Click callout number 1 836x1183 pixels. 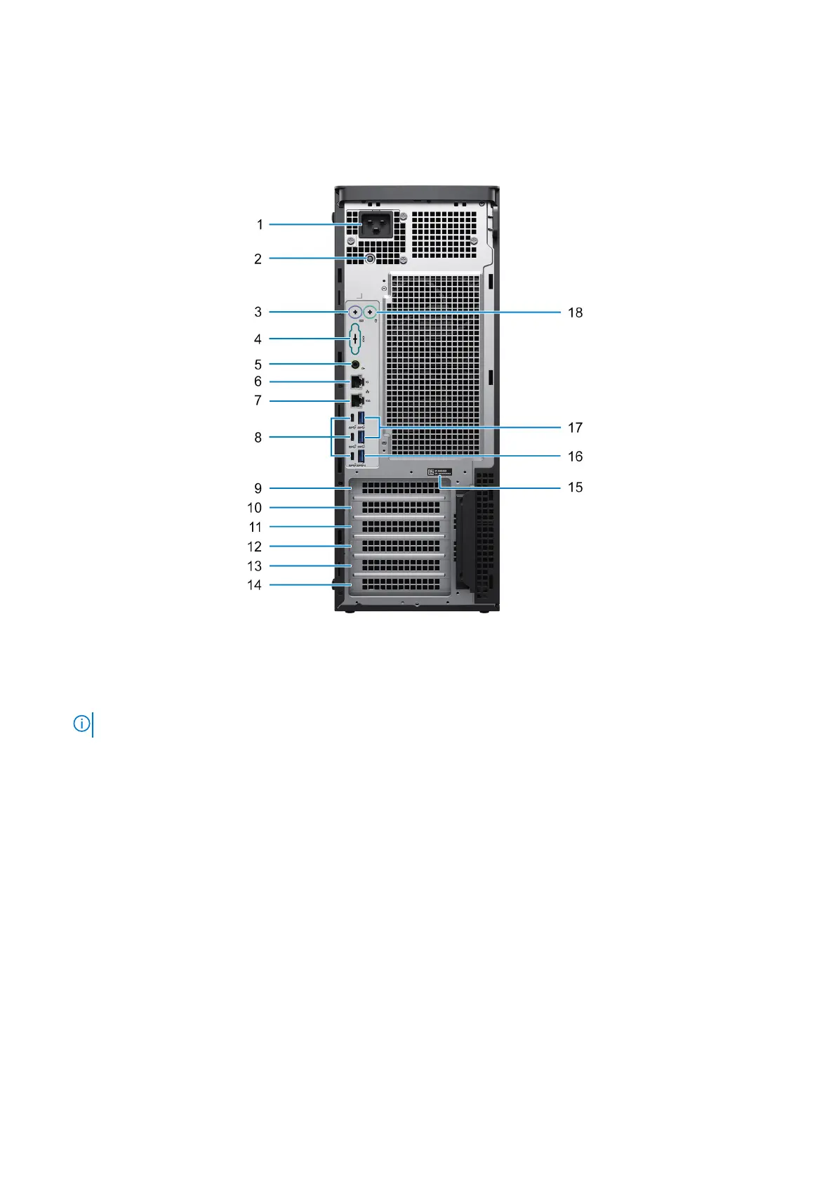coord(260,225)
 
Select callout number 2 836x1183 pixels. coord(258,259)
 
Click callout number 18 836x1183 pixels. coord(575,313)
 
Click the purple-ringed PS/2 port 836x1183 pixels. coord(356,311)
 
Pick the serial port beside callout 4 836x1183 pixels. coord(356,339)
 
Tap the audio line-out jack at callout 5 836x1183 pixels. coord(356,365)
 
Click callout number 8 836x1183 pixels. coord(258,438)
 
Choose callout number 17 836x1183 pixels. coord(575,428)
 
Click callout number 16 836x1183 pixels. coord(575,457)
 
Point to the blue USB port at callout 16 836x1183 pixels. coord(361,457)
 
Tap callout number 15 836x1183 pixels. coord(575,488)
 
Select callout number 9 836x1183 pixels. coord(258,488)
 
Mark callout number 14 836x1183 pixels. coord(255,585)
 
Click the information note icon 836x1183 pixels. coord(81,724)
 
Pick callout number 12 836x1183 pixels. coord(255,547)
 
